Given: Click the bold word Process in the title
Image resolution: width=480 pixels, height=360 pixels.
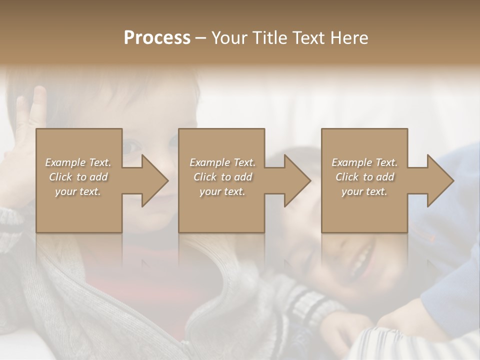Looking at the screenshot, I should pyautogui.click(x=157, y=38).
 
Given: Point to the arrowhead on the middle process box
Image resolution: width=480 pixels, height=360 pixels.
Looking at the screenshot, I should pyautogui.click(x=296, y=180).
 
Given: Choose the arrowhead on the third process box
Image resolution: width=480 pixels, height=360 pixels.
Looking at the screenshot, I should pyautogui.click(x=439, y=180).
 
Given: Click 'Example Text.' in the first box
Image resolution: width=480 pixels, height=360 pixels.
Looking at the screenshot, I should pyautogui.click(x=78, y=162).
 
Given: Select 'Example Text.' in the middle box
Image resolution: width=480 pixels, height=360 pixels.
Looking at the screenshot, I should pyautogui.click(x=222, y=162).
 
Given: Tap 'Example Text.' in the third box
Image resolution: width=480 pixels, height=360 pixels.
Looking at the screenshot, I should pyautogui.click(x=364, y=162).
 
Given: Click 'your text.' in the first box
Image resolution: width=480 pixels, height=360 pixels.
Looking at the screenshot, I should pyautogui.click(x=78, y=191).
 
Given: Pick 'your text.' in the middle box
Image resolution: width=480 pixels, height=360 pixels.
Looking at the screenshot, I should pyautogui.click(x=222, y=191).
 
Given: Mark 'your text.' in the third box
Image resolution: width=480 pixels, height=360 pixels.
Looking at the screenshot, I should pyautogui.click(x=364, y=191).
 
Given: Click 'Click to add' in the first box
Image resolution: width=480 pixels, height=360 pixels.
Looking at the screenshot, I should pyautogui.click(x=78, y=177).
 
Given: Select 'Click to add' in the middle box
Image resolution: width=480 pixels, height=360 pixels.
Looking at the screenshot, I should pyautogui.click(x=222, y=177).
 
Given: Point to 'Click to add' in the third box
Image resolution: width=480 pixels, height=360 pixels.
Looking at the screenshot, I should pyautogui.click(x=364, y=177).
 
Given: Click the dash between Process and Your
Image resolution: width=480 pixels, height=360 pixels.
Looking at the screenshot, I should pyautogui.click(x=201, y=38).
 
